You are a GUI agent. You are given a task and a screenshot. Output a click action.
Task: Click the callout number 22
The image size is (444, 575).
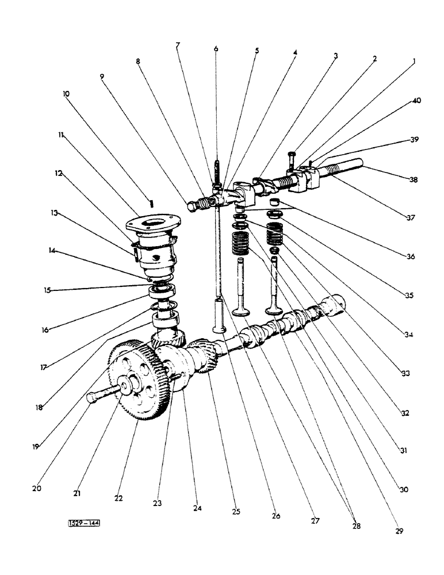pyautogui.click(x=118, y=498)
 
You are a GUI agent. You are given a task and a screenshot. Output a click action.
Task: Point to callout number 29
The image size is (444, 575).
pyautogui.click(x=399, y=531)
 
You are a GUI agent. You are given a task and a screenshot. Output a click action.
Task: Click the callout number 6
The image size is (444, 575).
pyautogui.click(x=216, y=49)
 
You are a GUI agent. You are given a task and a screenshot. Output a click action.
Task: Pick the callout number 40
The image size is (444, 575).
pyautogui.click(x=416, y=101)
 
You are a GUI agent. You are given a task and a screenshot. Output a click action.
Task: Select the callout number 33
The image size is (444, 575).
pyautogui.click(x=405, y=373)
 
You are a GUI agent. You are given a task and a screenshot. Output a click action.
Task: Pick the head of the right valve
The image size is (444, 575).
pyautogui.click(x=274, y=311)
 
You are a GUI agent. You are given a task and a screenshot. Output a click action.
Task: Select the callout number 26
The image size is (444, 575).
pyautogui.click(x=275, y=516)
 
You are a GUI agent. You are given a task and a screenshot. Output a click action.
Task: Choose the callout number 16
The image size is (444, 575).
pyautogui.click(x=45, y=330)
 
